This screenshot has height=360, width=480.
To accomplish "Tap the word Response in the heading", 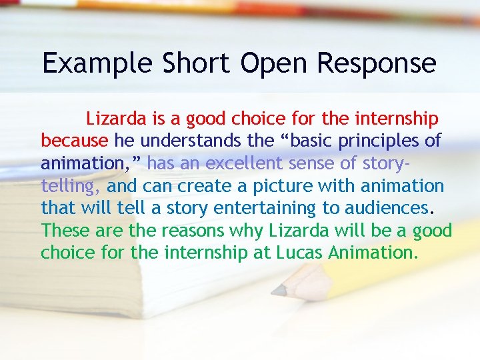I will tap(377, 63).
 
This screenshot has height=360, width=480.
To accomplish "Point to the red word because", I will tap(75, 141).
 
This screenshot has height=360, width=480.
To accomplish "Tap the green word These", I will tap(66, 231).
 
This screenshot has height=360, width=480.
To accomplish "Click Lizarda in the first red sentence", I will tap(116, 119).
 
